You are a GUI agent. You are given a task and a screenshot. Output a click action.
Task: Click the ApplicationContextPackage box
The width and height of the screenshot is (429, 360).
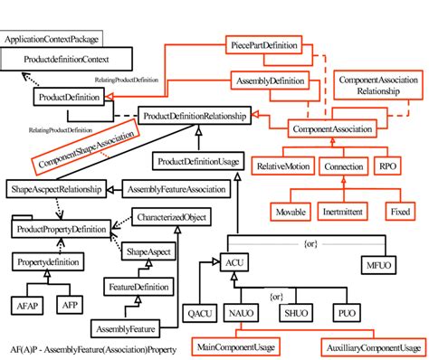pyautogui.click(x=52, y=40)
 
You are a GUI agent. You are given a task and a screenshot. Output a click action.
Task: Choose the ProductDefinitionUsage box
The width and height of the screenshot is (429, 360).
pyautogui.click(x=198, y=161)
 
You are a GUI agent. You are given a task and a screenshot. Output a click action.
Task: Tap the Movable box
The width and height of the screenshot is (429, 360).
pyautogui.click(x=291, y=211)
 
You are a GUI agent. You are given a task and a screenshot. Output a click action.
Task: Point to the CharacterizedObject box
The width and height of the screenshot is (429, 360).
pyautogui.click(x=170, y=216)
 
